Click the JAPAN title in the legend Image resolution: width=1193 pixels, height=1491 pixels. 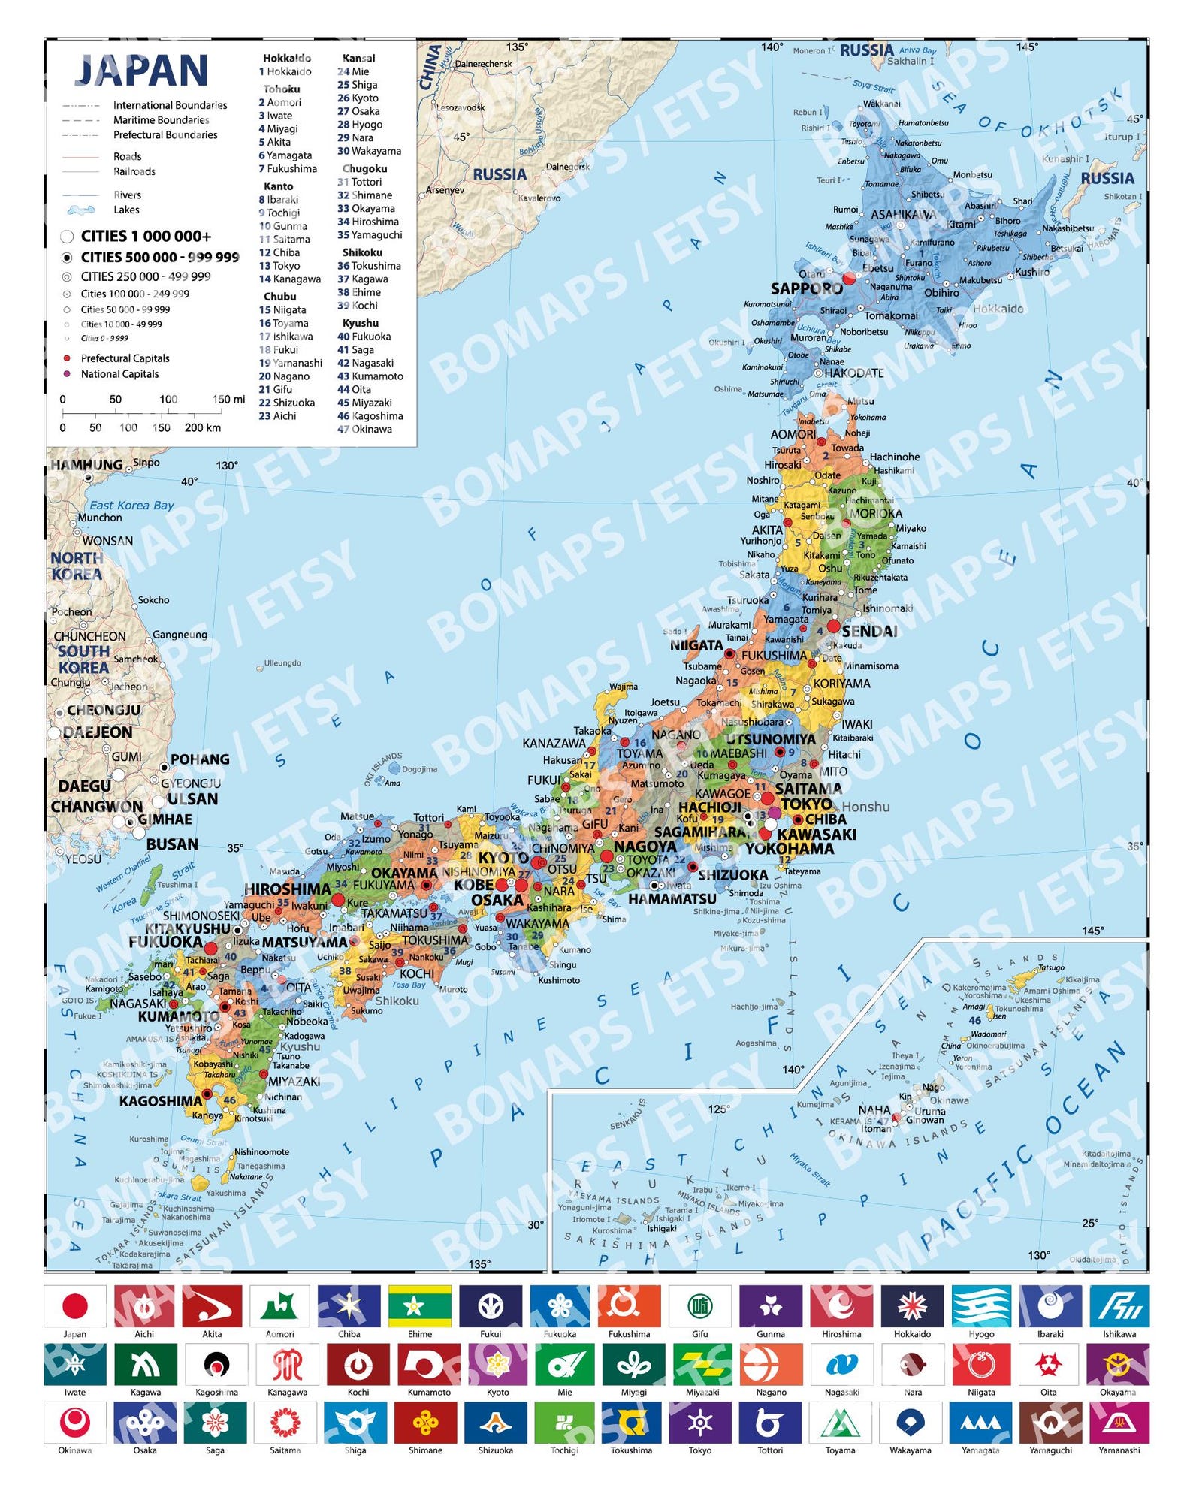coord(141,71)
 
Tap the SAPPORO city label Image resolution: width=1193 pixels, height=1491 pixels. coord(806,288)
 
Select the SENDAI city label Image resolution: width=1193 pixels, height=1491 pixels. coord(869,631)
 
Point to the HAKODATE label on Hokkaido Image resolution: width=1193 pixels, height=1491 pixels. coord(853,373)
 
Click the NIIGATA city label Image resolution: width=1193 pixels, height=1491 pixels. coord(696,645)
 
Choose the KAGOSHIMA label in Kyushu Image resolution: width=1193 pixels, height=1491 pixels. coord(161,1101)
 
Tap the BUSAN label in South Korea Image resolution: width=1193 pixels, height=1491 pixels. coord(172,844)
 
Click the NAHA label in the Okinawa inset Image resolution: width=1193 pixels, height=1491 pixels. coord(874,1109)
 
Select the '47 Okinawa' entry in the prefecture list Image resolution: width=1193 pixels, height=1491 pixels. coord(364,429)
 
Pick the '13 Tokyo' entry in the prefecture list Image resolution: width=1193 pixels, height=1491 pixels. coord(279,265)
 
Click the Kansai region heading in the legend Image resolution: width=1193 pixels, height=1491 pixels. coord(358,58)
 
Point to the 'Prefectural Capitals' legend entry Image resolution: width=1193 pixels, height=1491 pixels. coord(125,358)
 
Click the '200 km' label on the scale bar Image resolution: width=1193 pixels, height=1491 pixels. coord(203,427)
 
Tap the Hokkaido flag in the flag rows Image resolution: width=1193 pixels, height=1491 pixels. coord(912,1306)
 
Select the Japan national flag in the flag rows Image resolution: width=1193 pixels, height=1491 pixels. coord(74,1306)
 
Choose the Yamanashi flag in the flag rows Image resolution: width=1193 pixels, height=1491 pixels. coord(1119,1423)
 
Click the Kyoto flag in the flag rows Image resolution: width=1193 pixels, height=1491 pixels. coord(497,1365)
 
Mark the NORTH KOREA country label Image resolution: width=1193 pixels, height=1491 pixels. coord(77,566)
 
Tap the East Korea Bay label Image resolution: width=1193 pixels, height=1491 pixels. coord(131,506)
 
